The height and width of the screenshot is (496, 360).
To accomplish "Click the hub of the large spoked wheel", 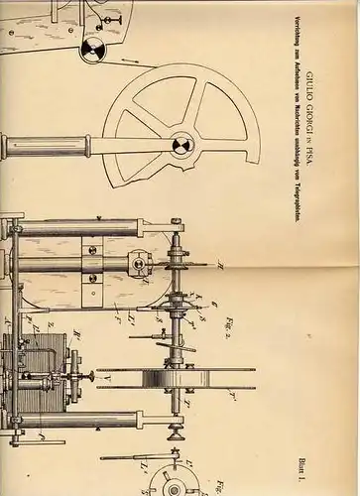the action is (180, 146).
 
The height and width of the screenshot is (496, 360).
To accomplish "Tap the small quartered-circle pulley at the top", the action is (92, 50).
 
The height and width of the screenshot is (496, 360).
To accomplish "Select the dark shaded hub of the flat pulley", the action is (179, 379).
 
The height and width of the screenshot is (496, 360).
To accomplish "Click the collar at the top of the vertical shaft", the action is (177, 219).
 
